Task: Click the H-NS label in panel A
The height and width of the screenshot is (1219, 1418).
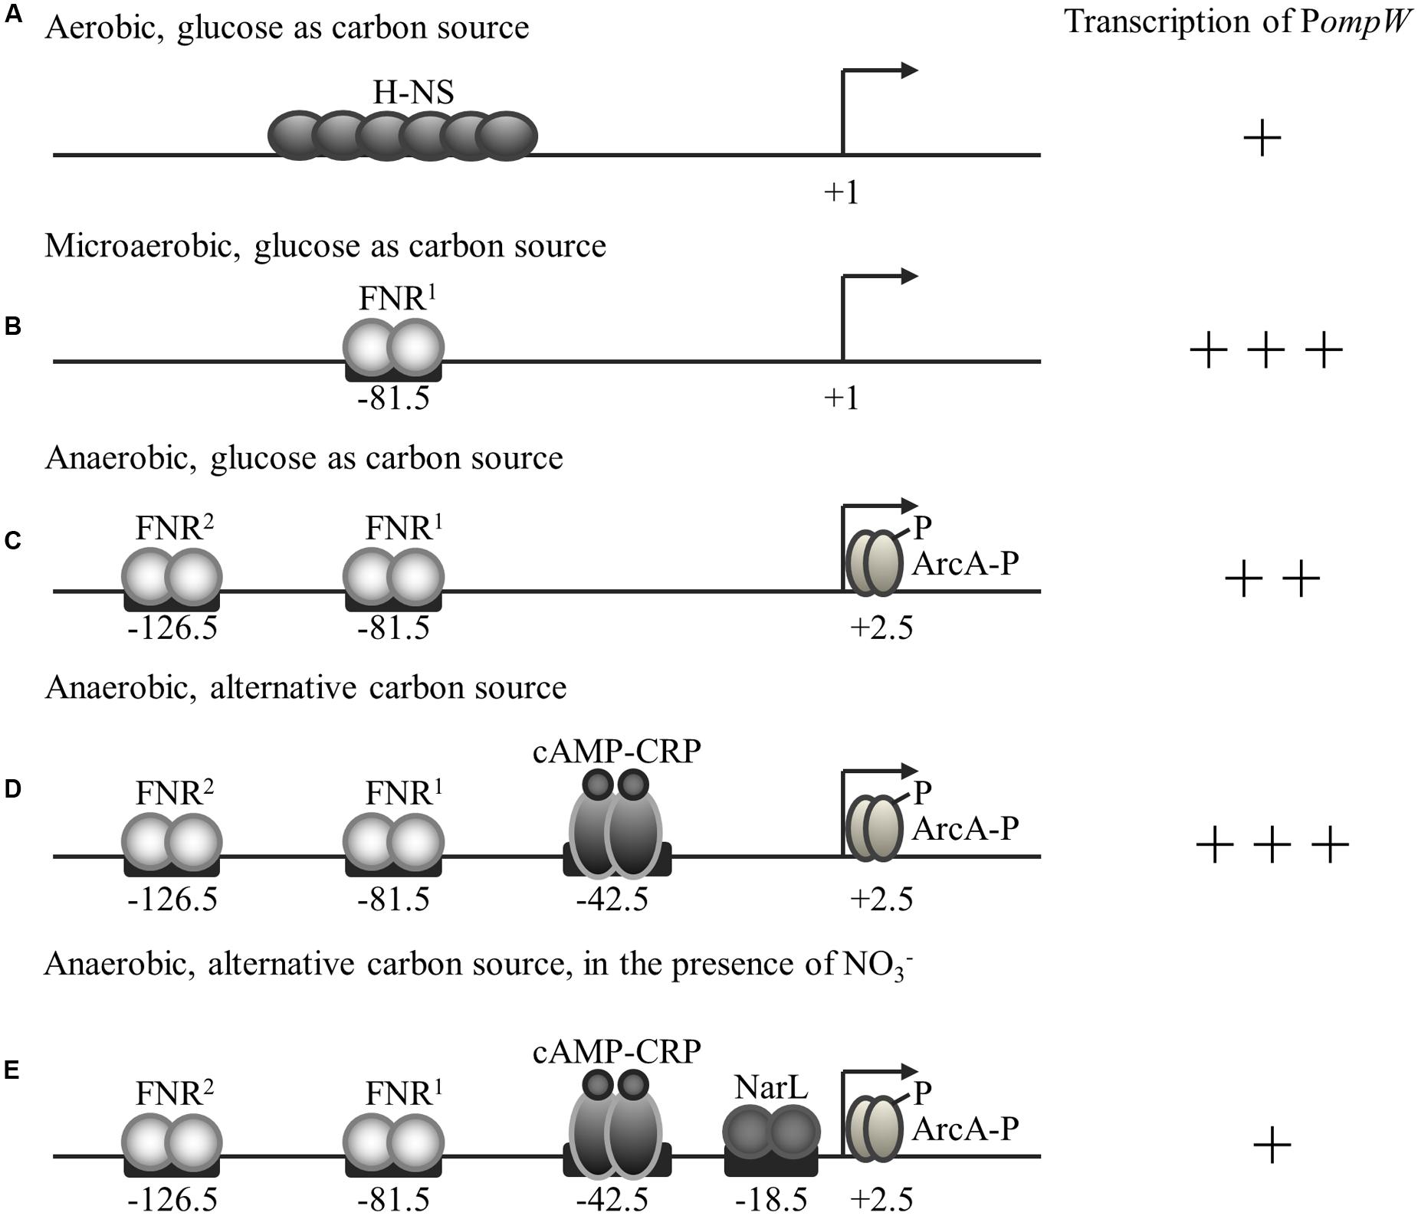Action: pos(413,93)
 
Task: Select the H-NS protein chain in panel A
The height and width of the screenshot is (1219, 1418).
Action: pos(402,136)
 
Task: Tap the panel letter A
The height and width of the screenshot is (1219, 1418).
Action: pos(13,15)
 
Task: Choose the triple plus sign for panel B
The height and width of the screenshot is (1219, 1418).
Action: pos(1266,351)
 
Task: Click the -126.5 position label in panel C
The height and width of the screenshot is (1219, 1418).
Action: pos(172,629)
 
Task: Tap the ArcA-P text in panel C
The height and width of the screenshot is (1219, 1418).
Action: pos(965,565)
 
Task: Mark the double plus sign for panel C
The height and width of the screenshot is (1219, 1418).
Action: pos(1272,579)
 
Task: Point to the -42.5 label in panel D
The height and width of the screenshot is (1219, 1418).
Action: pos(612,899)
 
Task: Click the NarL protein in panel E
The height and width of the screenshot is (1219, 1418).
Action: pos(771,1131)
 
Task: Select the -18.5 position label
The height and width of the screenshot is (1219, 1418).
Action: pos(771,1200)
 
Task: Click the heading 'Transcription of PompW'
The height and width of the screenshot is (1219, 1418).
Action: pos(1238,22)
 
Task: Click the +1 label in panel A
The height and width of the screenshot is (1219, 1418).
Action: pos(842,192)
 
